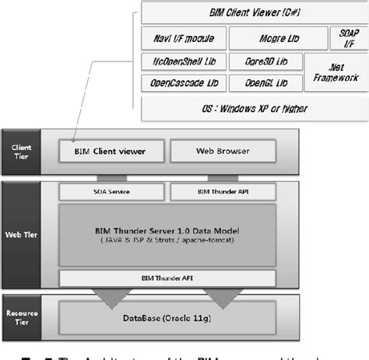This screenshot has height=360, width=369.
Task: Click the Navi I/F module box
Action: (184, 37)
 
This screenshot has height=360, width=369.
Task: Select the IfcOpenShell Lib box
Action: (184, 60)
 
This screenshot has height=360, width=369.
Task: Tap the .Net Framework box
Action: (336, 72)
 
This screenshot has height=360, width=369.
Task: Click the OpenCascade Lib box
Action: (184, 82)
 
